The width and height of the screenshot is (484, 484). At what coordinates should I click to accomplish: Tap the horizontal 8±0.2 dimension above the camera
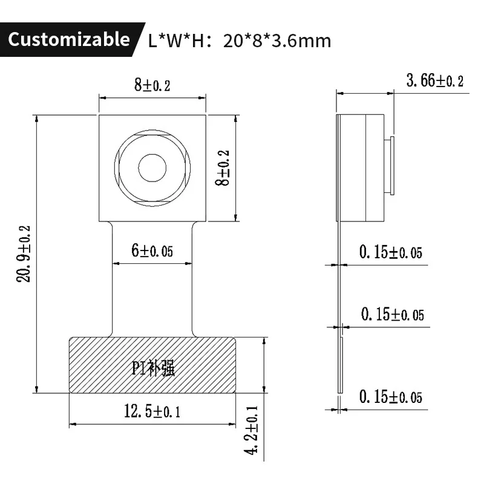click(152, 85)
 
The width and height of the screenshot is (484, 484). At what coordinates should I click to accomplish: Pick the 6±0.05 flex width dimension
click(152, 251)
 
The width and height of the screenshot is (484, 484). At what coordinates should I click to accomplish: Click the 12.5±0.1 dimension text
click(152, 412)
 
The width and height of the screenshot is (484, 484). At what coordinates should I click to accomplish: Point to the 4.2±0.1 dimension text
click(252, 431)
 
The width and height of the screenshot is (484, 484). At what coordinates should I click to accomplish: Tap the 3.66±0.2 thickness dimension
click(434, 81)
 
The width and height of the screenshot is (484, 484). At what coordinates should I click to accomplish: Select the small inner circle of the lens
click(152, 168)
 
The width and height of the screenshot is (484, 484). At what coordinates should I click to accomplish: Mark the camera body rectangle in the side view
click(360, 168)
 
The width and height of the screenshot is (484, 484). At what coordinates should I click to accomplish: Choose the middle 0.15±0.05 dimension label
click(392, 315)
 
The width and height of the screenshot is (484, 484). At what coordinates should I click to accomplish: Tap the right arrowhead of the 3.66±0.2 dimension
click(391, 94)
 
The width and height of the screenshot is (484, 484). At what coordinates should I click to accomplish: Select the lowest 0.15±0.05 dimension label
click(390, 397)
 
